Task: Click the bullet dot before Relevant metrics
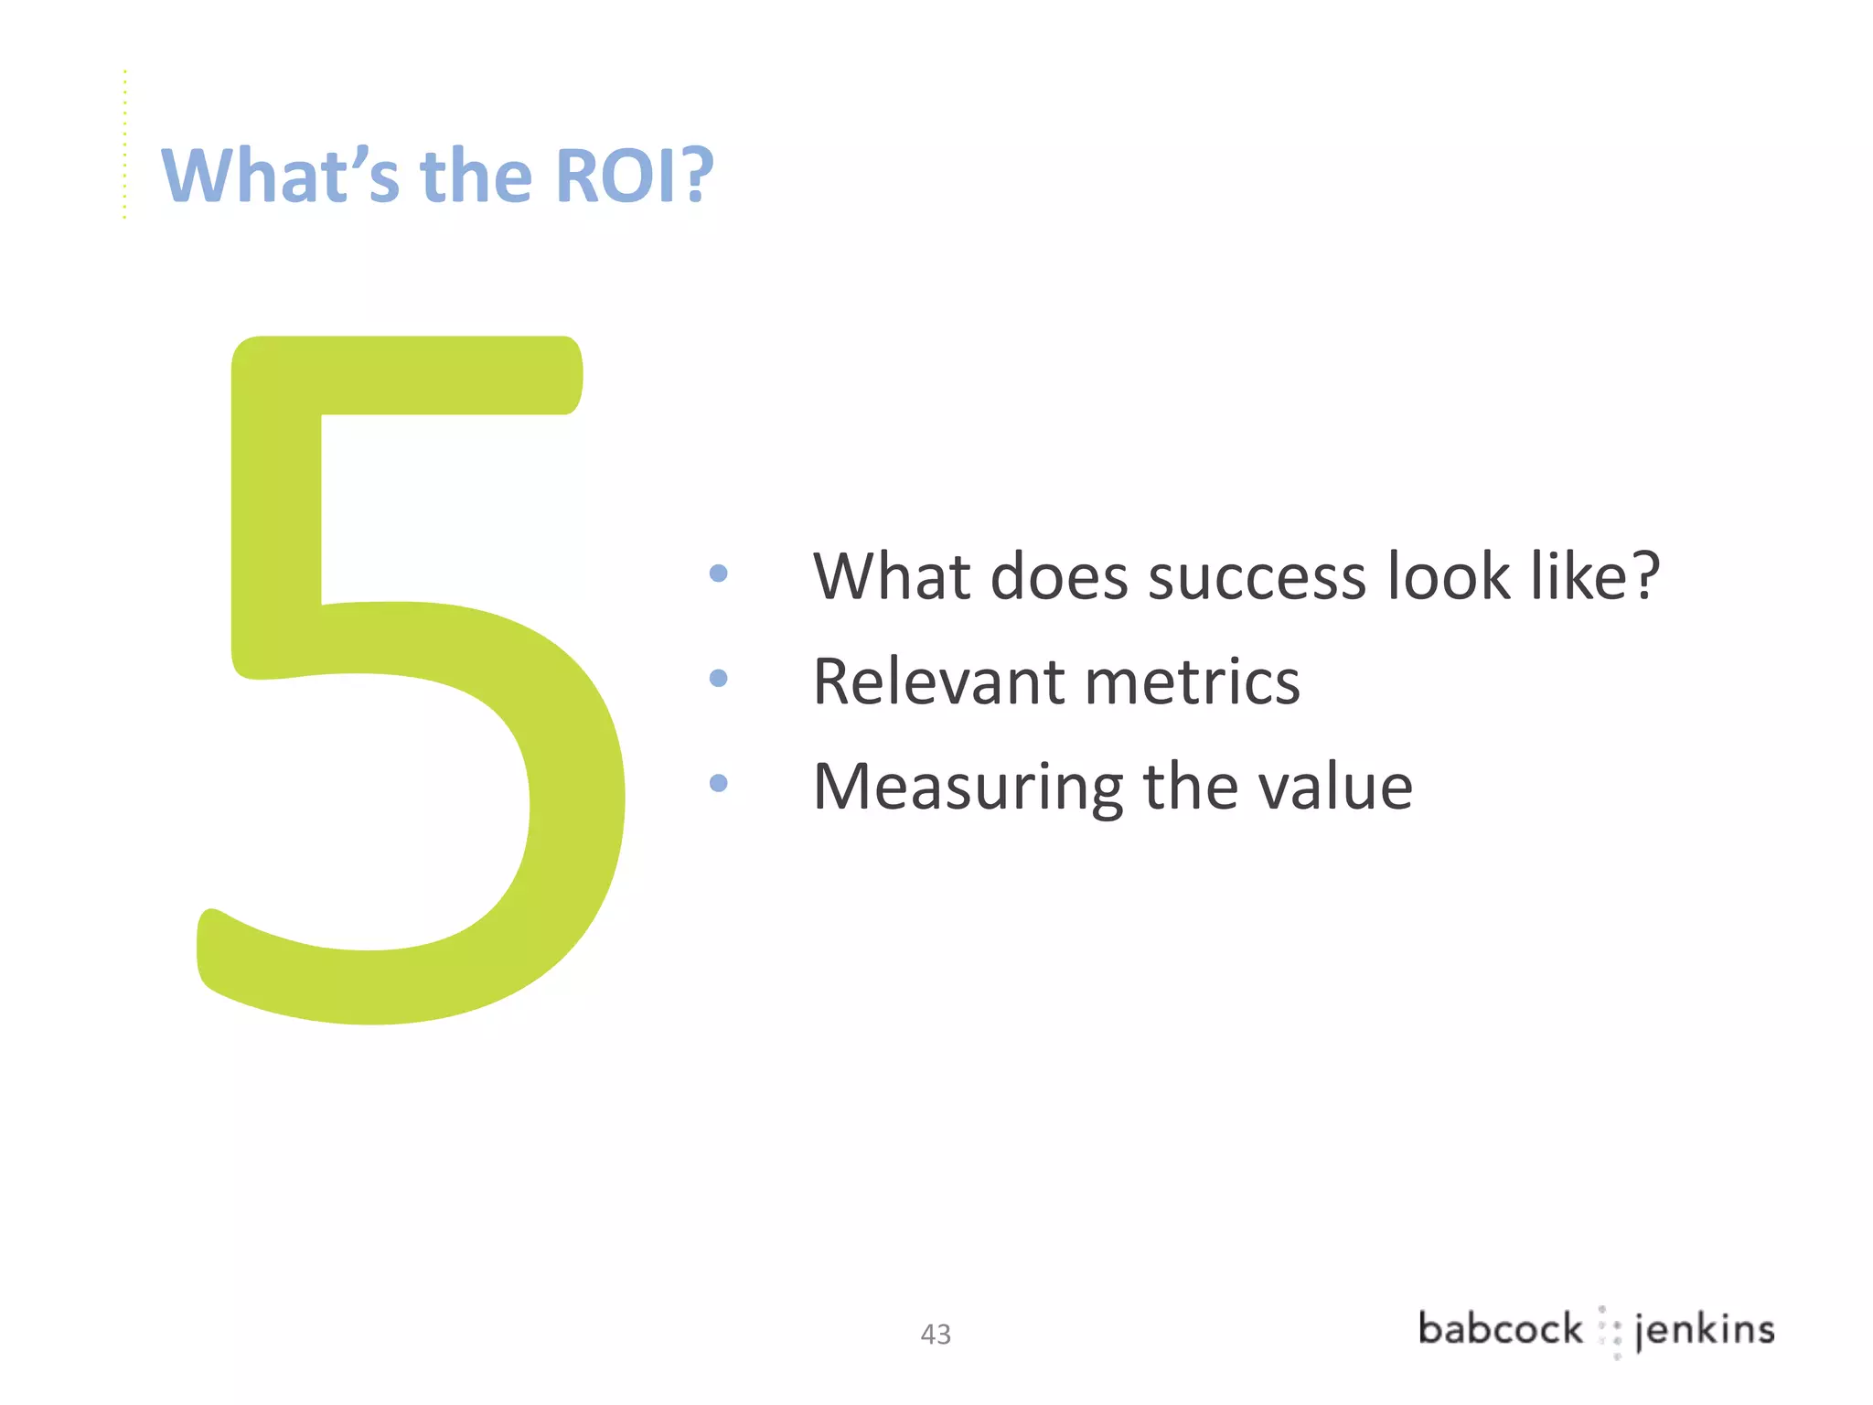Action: pyautogui.click(x=719, y=679)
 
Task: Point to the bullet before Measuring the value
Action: pyautogui.click(x=719, y=784)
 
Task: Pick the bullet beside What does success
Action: pyautogui.click(x=719, y=574)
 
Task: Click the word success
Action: pyautogui.click(x=1257, y=578)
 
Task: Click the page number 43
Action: pyautogui.click(x=936, y=1335)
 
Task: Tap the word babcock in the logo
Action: pyautogui.click(x=1500, y=1329)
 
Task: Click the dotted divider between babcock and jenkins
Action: pyautogui.click(x=1610, y=1332)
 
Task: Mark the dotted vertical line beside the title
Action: pyautogui.click(x=125, y=145)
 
